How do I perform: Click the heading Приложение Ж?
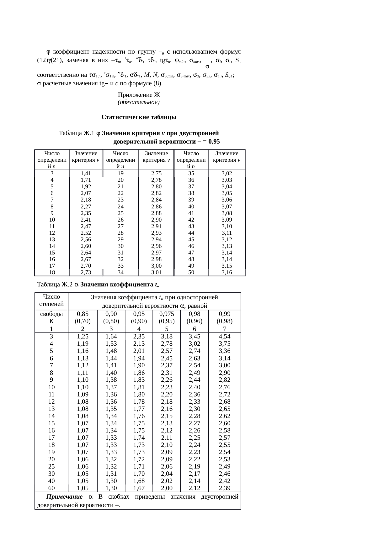click(x=139, y=95)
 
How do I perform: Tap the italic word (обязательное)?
click(x=139, y=102)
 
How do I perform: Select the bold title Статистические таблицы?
click(x=139, y=117)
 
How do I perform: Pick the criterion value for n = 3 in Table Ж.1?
click(x=86, y=173)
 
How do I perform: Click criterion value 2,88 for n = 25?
click(x=156, y=213)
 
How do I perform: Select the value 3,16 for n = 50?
click(x=226, y=272)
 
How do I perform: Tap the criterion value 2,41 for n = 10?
click(x=86, y=220)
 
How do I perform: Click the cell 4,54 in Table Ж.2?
click(x=225, y=337)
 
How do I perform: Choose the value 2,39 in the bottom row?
click(x=225, y=488)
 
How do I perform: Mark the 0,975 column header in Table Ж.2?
click(x=167, y=314)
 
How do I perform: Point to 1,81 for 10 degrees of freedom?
click(x=139, y=387)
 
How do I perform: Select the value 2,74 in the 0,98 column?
click(x=194, y=351)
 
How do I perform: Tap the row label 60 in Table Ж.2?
click(x=51, y=488)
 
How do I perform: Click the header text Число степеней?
click(x=51, y=300)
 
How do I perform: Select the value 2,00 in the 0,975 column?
click(x=167, y=488)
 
